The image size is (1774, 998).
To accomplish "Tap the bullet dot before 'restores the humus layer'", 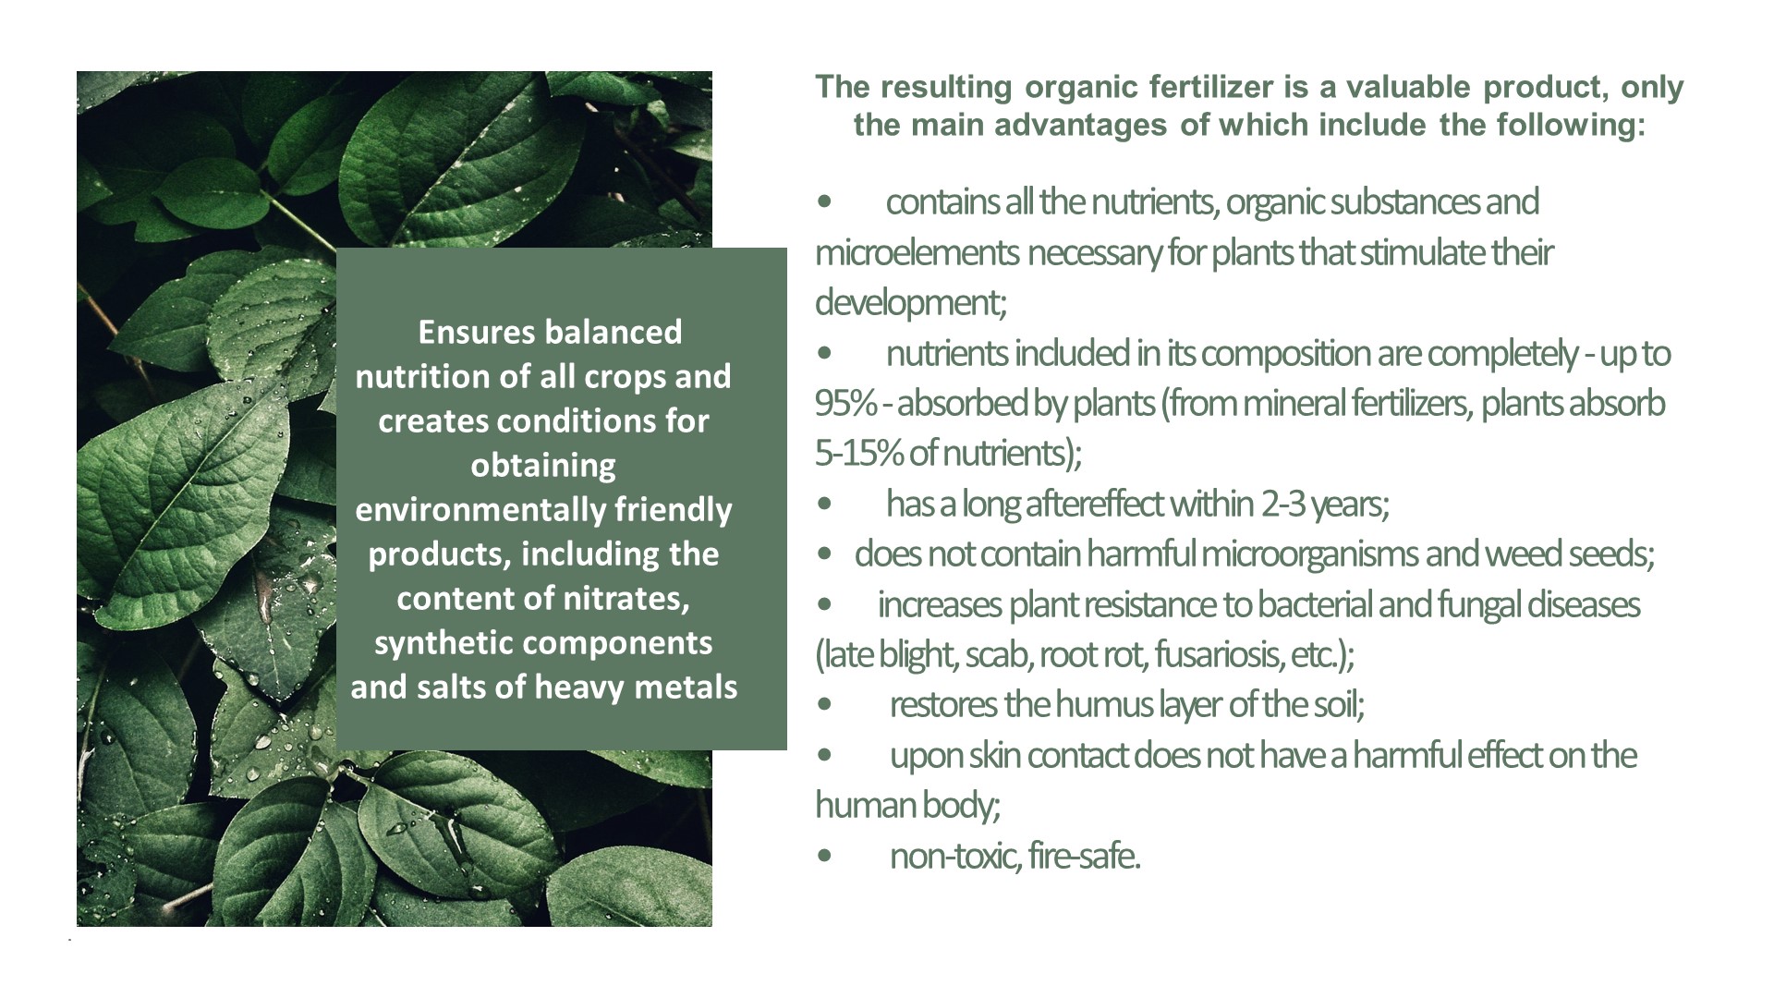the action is click(x=824, y=705).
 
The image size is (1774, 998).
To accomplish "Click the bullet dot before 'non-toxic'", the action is click(x=824, y=857).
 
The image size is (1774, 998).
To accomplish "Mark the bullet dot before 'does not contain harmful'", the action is click(x=824, y=554).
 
